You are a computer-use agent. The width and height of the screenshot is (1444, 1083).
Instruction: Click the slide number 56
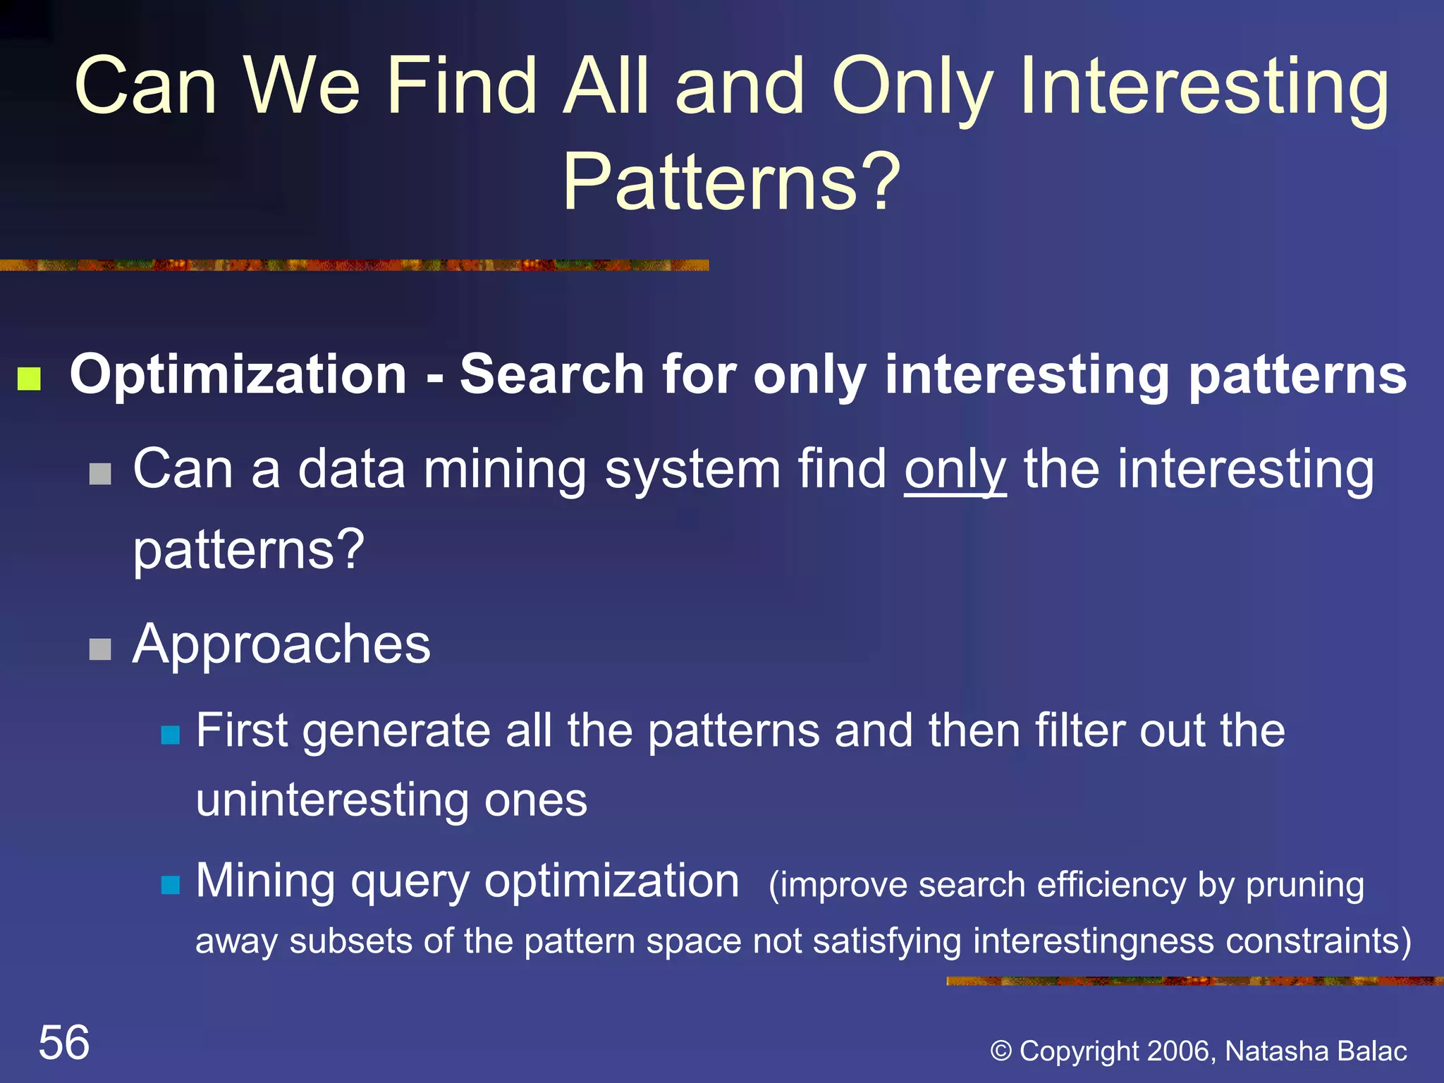tap(64, 1042)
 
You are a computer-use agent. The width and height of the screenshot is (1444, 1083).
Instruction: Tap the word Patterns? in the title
tap(731, 182)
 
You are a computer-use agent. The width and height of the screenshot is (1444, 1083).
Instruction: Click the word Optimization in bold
tap(238, 374)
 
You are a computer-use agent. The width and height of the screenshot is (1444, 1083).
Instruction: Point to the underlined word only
tap(955, 470)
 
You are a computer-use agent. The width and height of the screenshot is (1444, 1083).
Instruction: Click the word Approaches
tap(281, 644)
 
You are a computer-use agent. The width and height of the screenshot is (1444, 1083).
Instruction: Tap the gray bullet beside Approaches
tap(100, 649)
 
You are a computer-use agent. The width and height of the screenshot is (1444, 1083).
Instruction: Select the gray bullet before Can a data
tap(100, 474)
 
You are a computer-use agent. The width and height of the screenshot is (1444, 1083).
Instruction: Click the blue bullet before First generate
tap(171, 735)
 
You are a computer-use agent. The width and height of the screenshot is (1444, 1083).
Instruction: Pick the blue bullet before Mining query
tap(171, 884)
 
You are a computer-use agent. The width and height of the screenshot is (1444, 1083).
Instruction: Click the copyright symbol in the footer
tap(1001, 1051)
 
